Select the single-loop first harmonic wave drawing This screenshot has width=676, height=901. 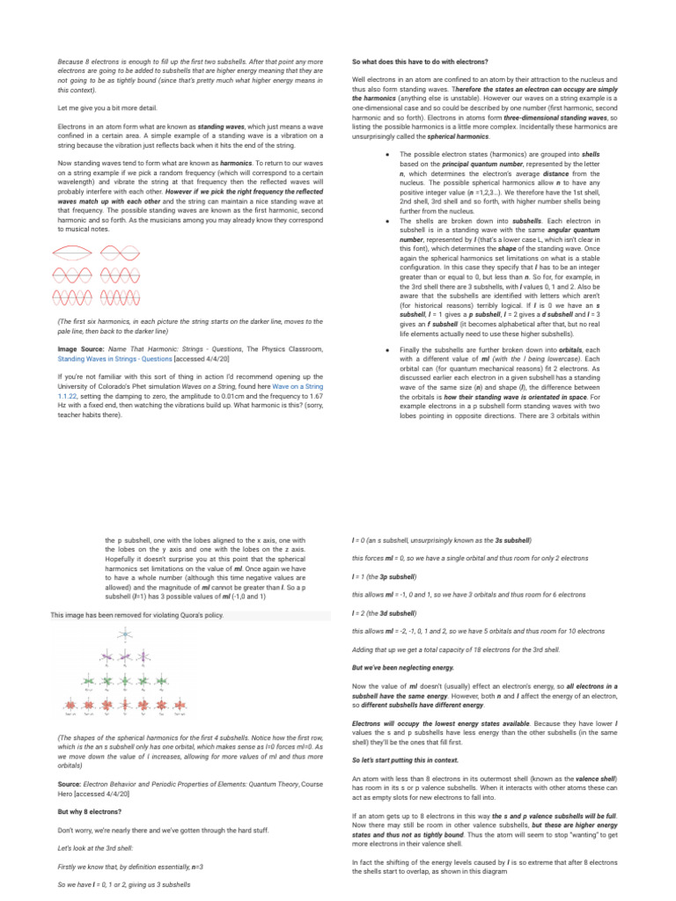75,251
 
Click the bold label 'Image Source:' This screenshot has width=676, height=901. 82,349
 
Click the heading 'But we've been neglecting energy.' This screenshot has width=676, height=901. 401,668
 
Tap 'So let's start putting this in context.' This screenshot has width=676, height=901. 405,759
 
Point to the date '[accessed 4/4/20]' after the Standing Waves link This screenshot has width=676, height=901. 203,359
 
